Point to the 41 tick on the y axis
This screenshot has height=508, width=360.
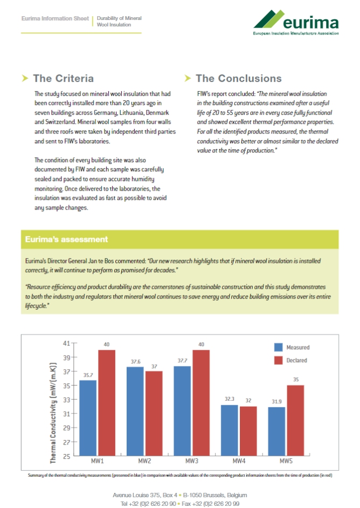(67, 343)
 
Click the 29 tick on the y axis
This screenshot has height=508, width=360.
(67, 428)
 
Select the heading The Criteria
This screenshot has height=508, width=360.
(63, 79)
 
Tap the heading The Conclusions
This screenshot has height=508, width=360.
(238, 79)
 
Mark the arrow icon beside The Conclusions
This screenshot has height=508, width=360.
(188, 79)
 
